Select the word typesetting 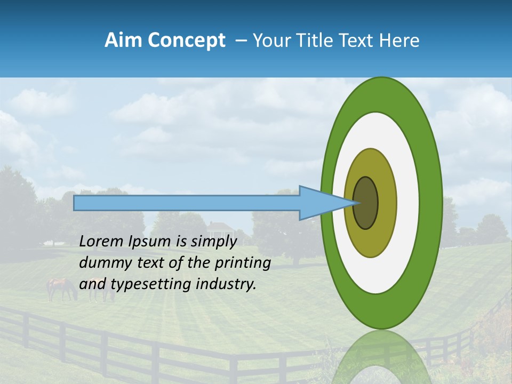tap(149, 284)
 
